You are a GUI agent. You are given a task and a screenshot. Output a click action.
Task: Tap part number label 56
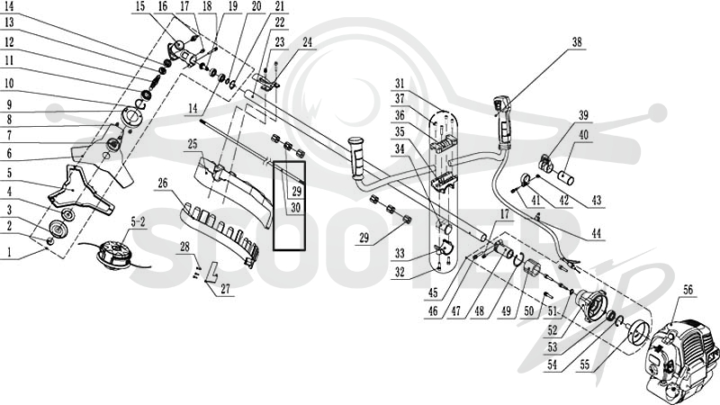tap(688, 290)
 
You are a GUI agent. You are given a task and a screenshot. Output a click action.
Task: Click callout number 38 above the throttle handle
tap(577, 42)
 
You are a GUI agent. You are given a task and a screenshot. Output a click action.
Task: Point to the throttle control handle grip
tap(503, 121)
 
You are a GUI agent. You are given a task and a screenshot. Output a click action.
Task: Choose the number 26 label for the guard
tap(163, 184)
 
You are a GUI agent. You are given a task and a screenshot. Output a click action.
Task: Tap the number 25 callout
tap(192, 144)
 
